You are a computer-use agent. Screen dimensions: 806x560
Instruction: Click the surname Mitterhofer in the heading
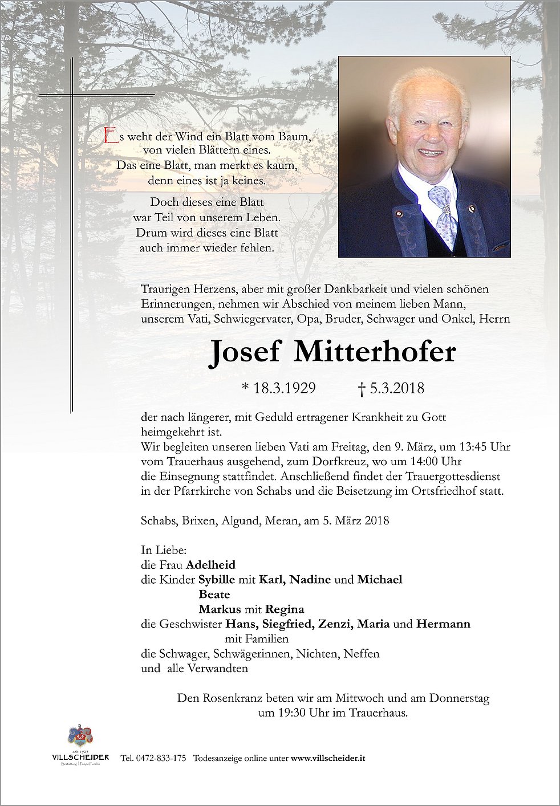pyautogui.click(x=374, y=352)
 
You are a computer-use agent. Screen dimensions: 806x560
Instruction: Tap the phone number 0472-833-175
pyautogui.click(x=160, y=759)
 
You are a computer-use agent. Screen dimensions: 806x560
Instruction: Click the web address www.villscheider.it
pyautogui.click(x=328, y=759)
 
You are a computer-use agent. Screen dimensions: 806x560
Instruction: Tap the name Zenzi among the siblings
pyautogui.click(x=335, y=624)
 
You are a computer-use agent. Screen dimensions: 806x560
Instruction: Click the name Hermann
pyautogui.click(x=443, y=624)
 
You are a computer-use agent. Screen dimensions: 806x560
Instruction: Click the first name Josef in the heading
pyautogui.click(x=245, y=352)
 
